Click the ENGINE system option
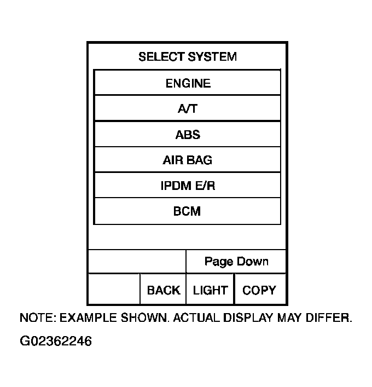tap(188, 83)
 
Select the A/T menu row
tap(188, 109)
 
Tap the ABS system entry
tap(188, 135)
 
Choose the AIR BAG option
tap(188, 160)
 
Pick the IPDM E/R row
tap(188, 186)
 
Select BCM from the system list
tap(188, 211)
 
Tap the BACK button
tap(163, 290)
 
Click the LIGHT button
tap(210, 290)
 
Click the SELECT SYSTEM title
tap(188, 57)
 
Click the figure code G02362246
tap(56, 342)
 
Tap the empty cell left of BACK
tap(114, 290)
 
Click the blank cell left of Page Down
tap(137, 262)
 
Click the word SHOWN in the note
tap(143, 318)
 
